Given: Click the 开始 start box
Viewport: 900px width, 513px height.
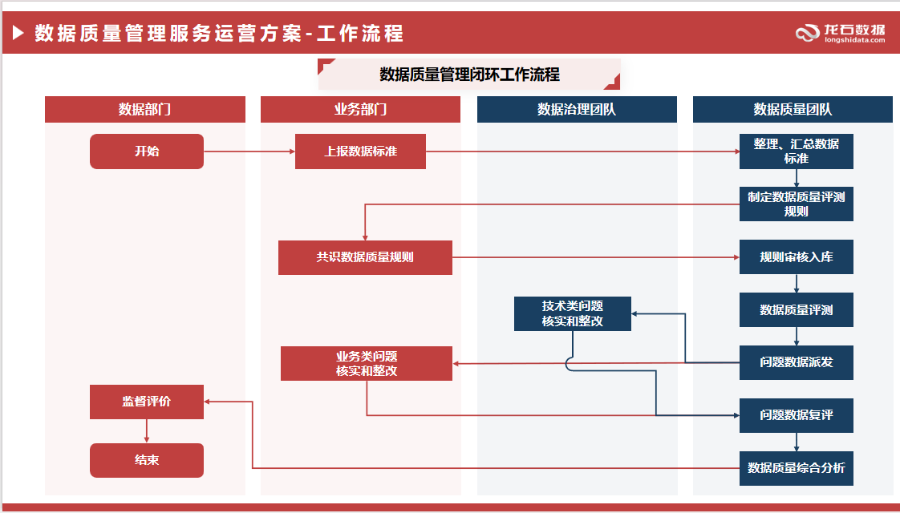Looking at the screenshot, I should tap(147, 151).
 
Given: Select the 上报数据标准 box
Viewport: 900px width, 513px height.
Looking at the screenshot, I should tap(360, 151).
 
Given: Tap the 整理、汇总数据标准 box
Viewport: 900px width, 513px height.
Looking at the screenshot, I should tap(796, 151).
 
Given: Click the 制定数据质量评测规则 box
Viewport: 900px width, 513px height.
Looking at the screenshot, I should tap(796, 204).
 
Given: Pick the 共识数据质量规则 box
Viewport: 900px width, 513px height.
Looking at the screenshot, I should tap(365, 258).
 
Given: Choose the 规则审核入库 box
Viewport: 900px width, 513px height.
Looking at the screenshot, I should tap(796, 257).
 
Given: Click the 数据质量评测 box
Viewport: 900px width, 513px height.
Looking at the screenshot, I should tap(796, 309).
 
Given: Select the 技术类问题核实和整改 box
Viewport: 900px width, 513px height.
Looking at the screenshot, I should tap(572, 313).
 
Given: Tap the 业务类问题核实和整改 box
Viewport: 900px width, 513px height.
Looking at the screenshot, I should tap(366, 363).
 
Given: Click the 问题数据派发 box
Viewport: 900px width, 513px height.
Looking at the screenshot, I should tap(796, 362).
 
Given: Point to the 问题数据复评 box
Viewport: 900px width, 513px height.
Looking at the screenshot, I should tap(796, 415).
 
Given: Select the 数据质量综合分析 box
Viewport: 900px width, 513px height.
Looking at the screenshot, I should tap(796, 468).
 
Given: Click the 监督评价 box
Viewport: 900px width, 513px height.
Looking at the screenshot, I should tap(147, 402).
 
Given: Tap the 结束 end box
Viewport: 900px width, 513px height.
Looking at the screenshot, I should tap(147, 460).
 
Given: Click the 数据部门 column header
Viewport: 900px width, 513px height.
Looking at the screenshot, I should tap(145, 110).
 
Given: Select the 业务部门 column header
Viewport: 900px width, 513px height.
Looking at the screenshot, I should tap(360, 110).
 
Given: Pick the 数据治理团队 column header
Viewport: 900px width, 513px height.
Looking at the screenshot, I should tap(577, 110).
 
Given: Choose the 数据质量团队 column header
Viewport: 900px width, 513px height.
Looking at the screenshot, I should tap(793, 110).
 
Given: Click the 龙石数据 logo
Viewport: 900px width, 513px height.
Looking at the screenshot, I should tap(841, 33).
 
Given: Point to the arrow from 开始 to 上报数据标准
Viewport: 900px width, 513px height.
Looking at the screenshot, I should tap(249, 151).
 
